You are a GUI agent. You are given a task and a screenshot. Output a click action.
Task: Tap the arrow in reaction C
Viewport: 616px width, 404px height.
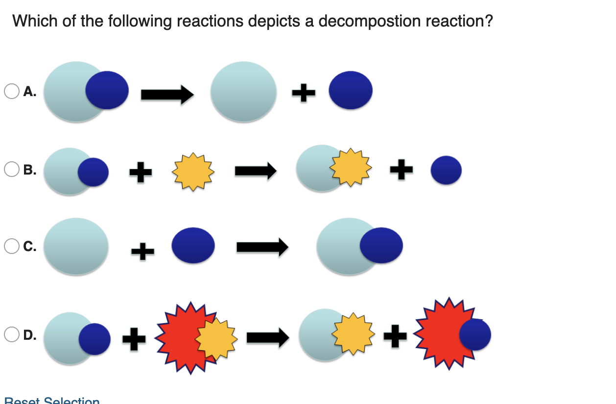pyautogui.click(x=262, y=247)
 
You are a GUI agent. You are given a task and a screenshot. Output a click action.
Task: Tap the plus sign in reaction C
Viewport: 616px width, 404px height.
pyautogui.click(x=142, y=252)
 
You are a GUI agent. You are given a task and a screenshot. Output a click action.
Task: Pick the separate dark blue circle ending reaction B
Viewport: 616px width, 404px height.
pyautogui.click(x=446, y=170)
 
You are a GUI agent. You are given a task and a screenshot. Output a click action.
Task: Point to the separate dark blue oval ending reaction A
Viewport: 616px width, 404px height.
pyautogui.click(x=351, y=91)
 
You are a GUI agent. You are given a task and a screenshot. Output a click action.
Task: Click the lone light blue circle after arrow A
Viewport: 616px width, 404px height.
pyautogui.click(x=243, y=91)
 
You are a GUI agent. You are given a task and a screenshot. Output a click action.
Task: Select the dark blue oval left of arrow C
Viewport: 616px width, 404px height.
pyautogui.click(x=193, y=245)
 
